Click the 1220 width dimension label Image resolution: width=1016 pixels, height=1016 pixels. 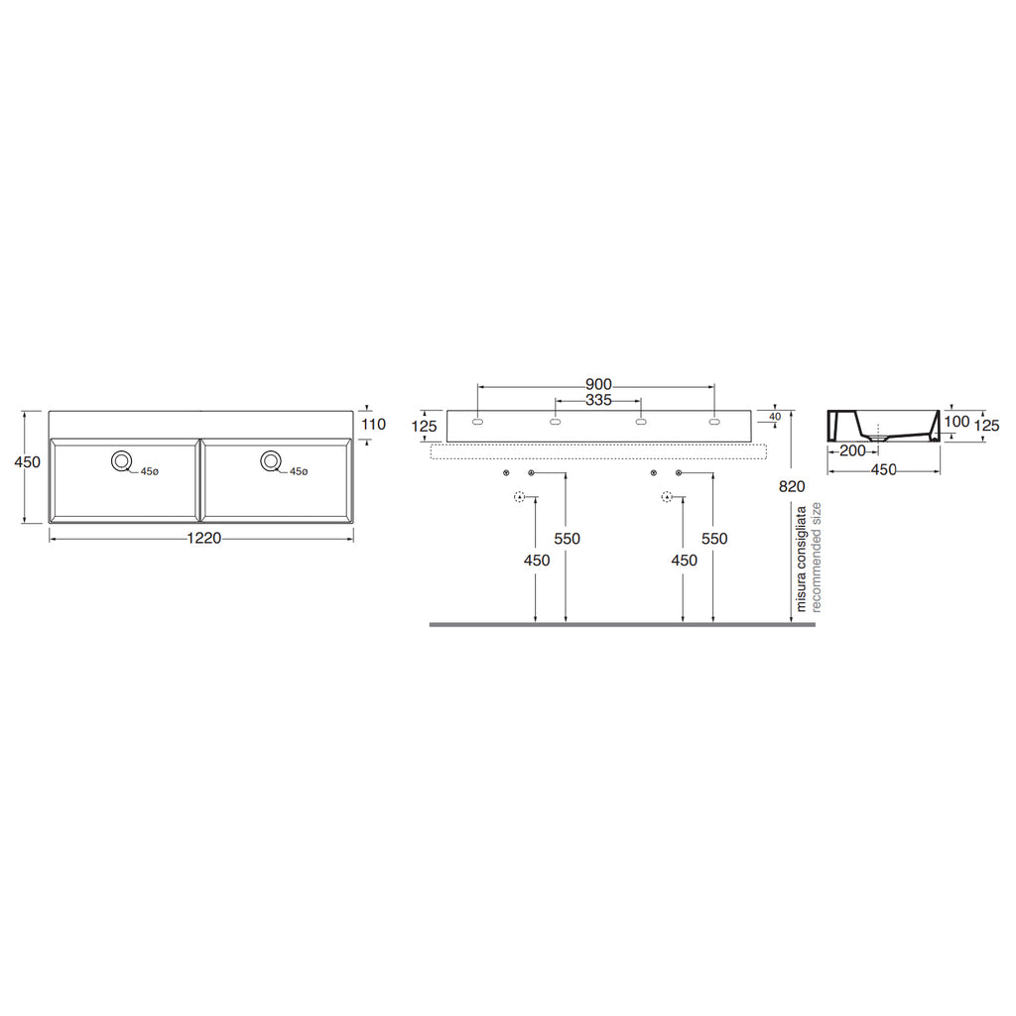click(x=204, y=538)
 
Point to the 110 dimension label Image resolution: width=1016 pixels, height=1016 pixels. click(x=373, y=425)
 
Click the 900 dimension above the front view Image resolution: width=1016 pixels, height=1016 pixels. click(x=598, y=385)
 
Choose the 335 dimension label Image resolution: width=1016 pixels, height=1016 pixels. click(x=598, y=401)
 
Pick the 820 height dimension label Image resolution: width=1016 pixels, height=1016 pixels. click(x=792, y=486)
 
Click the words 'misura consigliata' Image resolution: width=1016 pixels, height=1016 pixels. click(x=802, y=559)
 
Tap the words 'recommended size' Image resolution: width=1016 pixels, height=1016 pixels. click(x=816, y=558)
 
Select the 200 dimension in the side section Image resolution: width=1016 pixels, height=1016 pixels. click(x=852, y=451)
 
